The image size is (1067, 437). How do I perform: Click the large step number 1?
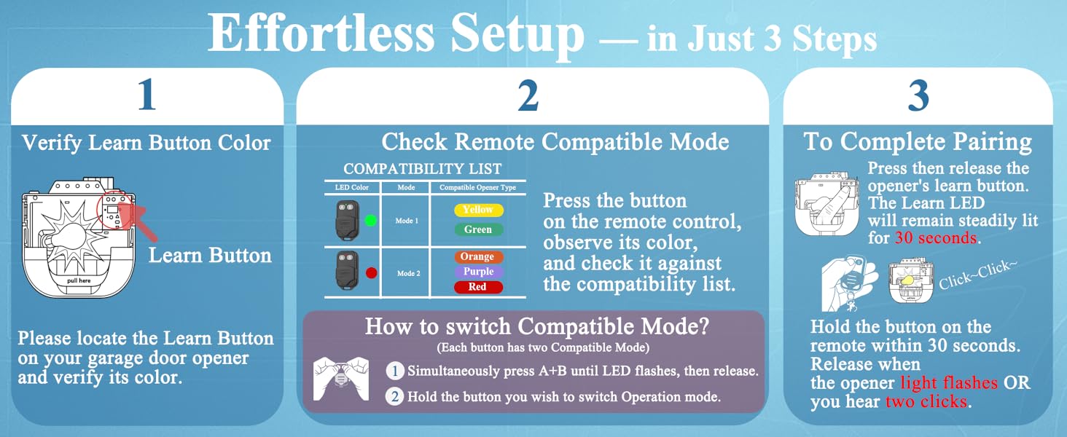click(147, 95)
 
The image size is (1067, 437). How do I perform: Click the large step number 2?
click(528, 95)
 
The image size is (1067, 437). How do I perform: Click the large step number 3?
click(918, 95)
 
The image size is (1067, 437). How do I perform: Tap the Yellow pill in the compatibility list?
click(478, 210)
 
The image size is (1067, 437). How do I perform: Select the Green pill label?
click(478, 229)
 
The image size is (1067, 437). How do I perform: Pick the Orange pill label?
click(477, 256)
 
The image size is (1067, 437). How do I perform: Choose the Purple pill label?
click(478, 272)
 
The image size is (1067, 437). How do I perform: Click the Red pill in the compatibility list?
click(477, 287)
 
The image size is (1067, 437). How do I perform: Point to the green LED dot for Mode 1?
click(370, 221)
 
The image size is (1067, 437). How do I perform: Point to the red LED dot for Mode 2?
click(371, 273)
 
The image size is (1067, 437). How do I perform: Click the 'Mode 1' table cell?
click(406, 221)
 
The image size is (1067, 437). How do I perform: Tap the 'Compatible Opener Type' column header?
click(477, 187)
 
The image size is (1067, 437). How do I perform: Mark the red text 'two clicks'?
click(926, 401)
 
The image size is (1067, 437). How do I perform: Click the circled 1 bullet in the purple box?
click(394, 371)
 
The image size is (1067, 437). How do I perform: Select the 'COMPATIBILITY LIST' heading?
click(423, 169)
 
